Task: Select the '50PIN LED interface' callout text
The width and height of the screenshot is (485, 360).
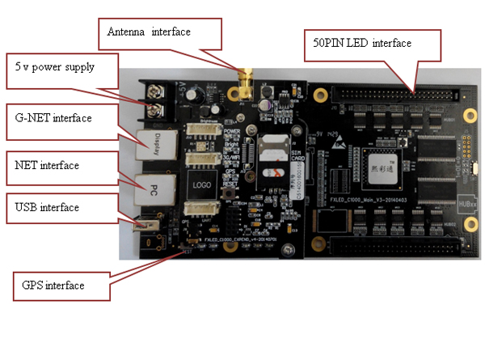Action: [357, 42]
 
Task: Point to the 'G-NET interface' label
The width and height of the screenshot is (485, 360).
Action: [54, 118]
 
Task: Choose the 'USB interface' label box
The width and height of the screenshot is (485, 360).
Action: [48, 208]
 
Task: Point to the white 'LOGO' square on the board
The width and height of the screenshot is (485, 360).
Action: [200, 184]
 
